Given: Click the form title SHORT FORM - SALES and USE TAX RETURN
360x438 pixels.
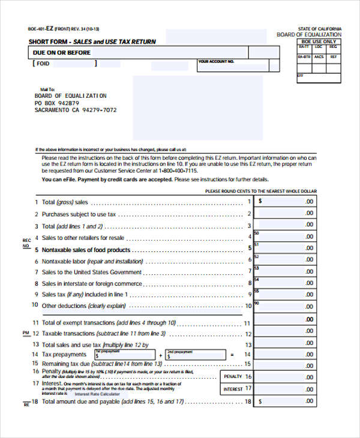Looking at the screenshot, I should pyautogui.click(x=92, y=41).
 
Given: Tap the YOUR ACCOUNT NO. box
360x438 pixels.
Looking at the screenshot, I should pyautogui.click(x=238, y=65).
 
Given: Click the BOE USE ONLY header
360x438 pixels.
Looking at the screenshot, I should pyautogui.click(x=319, y=41).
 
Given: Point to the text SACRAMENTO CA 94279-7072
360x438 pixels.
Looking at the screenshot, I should pyautogui.click(x=76, y=110).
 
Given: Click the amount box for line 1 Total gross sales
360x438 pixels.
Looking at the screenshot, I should pyautogui.click(x=285, y=202).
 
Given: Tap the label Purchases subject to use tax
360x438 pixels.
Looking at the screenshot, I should pyautogui.click(x=79, y=214).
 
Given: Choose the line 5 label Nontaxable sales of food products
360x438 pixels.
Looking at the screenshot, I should pyautogui.click(x=86, y=250).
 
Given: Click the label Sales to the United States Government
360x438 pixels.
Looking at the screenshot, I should pyautogui.click(x=92, y=272).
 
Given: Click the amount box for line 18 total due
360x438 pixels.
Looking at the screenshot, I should pyautogui.click(x=285, y=401).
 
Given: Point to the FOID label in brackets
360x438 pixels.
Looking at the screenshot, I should pyautogui.click(x=43, y=64).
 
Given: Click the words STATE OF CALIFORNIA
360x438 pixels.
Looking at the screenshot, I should pyautogui.click(x=320, y=29).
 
